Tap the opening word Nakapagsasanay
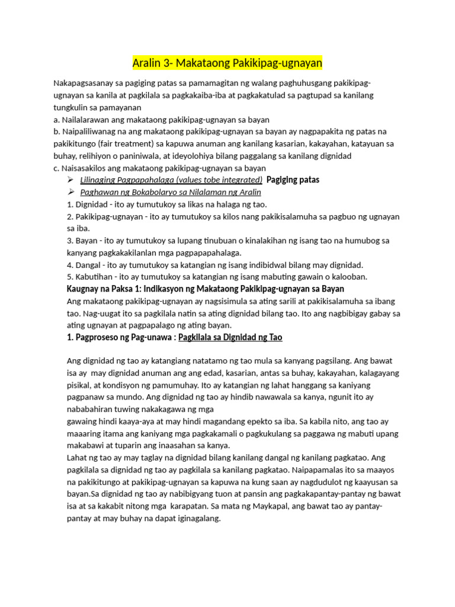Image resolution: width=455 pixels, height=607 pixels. (x=82, y=84)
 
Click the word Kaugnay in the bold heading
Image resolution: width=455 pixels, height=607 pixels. (x=82, y=289)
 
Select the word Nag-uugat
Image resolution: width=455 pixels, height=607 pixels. (x=106, y=313)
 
